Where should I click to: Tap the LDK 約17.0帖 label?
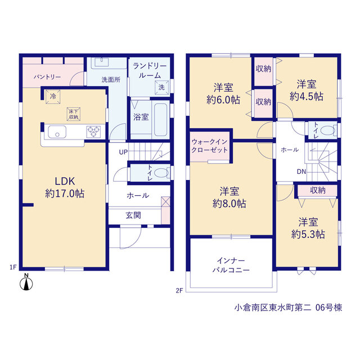(65, 187)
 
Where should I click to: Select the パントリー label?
(47, 77)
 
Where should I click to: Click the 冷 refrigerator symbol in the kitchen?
(53, 97)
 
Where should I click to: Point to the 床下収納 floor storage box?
(74, 114)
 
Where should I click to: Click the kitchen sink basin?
(57, 132)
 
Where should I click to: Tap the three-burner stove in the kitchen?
(93, 132)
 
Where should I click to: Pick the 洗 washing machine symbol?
(161, 88)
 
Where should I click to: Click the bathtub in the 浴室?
(160, 120)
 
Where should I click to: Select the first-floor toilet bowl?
(161, 173)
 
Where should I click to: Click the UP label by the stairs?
(123, 152)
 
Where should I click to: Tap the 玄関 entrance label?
(133, 215)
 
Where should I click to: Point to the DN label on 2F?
(301, 172)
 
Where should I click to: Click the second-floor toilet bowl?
(328, 131)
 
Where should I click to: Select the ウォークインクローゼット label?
(209, 146)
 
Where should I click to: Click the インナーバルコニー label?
(231, 265)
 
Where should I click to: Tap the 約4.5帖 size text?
(307, 96)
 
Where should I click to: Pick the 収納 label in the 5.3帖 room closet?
(318, 190)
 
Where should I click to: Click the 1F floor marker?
(13, 267)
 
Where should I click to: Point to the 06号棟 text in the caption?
(328, 308)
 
